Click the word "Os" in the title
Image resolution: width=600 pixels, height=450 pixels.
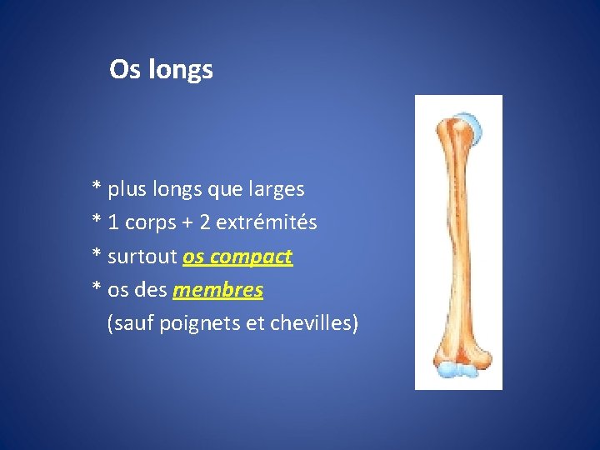125,70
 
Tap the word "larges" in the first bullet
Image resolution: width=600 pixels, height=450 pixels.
277,190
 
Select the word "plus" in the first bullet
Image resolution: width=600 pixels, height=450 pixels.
127,190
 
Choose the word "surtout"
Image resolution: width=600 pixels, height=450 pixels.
142,257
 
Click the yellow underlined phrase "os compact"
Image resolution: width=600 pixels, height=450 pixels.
237,257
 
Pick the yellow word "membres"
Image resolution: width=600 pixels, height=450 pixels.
217,290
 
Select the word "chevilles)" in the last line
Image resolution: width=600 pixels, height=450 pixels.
314,323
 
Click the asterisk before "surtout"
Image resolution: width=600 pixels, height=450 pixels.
97,255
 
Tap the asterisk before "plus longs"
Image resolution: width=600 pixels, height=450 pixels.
97,188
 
